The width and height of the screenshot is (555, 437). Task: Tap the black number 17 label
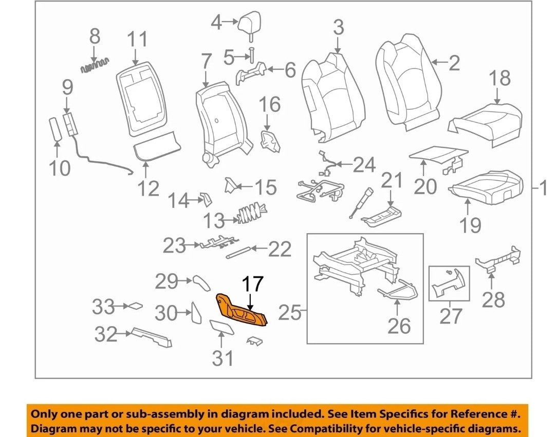click(253, 284)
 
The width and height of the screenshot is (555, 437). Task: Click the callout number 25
click(289, 313)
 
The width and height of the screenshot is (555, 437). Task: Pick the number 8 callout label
click(95, 36)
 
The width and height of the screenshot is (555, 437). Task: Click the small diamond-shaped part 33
click(135, 306)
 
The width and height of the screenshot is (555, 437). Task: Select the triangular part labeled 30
click(196, 312)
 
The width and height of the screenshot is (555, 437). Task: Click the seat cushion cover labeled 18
click(485, 124)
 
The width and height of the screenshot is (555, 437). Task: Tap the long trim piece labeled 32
click(152, 337)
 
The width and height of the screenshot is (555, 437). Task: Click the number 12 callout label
click(148, 188)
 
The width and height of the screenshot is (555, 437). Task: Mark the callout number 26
click(399, 326)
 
